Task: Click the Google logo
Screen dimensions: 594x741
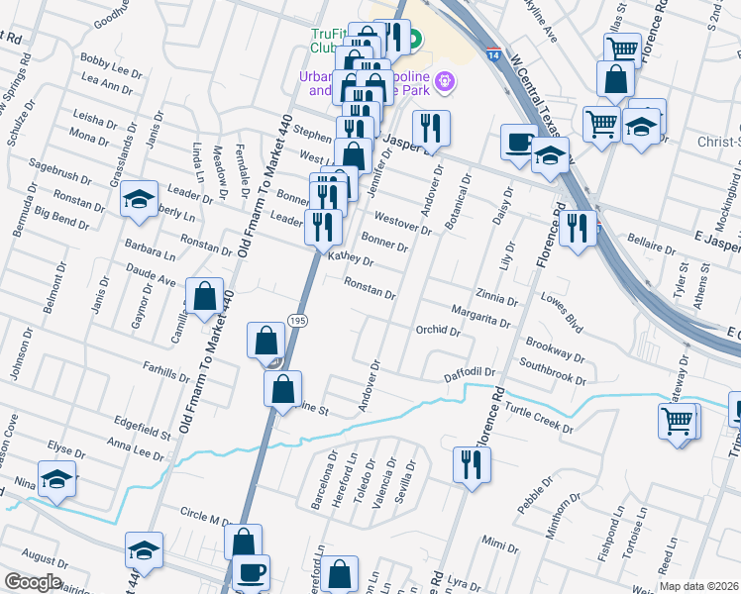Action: tap(33, 582)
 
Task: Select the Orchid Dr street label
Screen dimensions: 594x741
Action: tap(438, 332)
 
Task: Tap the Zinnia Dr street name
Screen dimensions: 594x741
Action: tap(496, 298)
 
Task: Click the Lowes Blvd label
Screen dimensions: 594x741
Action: tap(562, 311)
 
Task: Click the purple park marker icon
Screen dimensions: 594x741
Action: tap(443, 80)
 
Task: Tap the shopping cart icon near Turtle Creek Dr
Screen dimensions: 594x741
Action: tap(679, 419)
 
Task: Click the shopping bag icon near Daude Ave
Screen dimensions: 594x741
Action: tap(204, 295)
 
